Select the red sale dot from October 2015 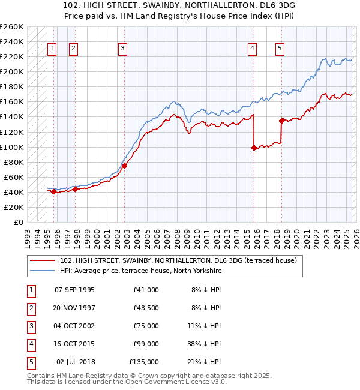point(254,148)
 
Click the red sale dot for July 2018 point(281,121)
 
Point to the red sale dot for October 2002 point(124,166)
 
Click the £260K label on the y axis point(11,27)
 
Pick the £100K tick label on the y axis point(11,147)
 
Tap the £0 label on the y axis point(19,222)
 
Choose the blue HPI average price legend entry point(140,271)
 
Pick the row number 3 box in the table point(31,326)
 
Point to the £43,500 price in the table point(144,308)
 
